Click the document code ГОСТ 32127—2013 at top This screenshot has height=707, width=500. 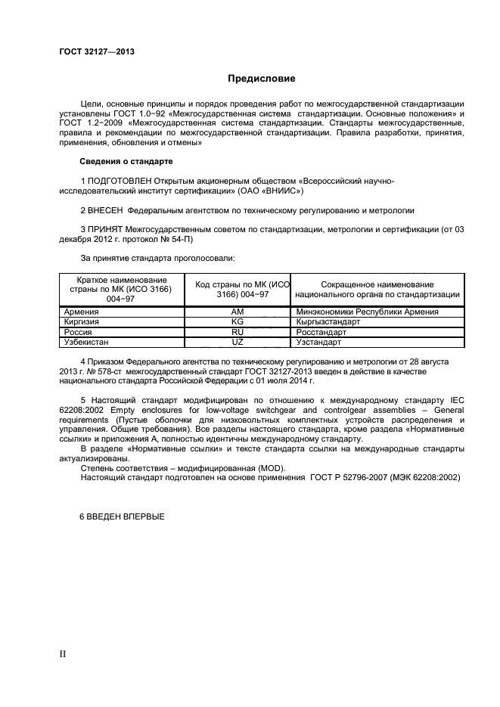[x=96, y=51]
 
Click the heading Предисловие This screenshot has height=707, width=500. [x=262, y=79]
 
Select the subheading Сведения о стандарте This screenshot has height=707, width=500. [x=126, y=162]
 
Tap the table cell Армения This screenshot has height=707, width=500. [x=81, y=312]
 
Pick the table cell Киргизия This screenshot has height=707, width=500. [x=82, y=321]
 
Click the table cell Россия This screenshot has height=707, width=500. [x=79, y=331]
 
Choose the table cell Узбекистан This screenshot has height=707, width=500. [x=87, y=342]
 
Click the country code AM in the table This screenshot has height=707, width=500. [x=237, y=312]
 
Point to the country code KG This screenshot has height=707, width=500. [x=237, y=321]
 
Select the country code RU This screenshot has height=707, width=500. [x=237, y=331]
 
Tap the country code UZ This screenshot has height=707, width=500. [x=237, y=342]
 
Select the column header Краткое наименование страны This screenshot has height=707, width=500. [x=122, y=289]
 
